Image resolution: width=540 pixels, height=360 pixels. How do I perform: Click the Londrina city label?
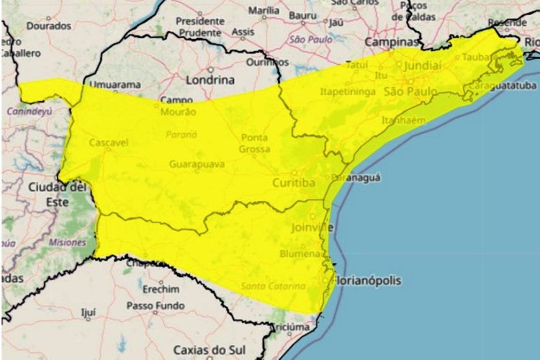coord(210,80)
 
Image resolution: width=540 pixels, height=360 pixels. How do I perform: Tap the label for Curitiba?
coord(294,184)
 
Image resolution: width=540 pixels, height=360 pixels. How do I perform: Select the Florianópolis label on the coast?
coord(367,281)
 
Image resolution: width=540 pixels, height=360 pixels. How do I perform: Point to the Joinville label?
coord(312,228)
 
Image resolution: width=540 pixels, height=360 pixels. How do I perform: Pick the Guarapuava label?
coord(197,164)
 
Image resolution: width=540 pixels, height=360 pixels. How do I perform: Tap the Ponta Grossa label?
coord(254,143)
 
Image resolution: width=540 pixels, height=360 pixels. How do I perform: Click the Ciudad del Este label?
coord(57,193)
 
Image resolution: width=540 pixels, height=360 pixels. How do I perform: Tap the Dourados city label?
coord(49,26)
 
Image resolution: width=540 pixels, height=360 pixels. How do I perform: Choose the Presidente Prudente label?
coord(200,26)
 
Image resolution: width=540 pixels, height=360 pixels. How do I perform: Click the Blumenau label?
coord(301,254)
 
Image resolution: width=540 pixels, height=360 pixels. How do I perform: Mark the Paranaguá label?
coord(356,177)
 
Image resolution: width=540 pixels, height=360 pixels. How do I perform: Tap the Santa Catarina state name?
coord(273,286)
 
